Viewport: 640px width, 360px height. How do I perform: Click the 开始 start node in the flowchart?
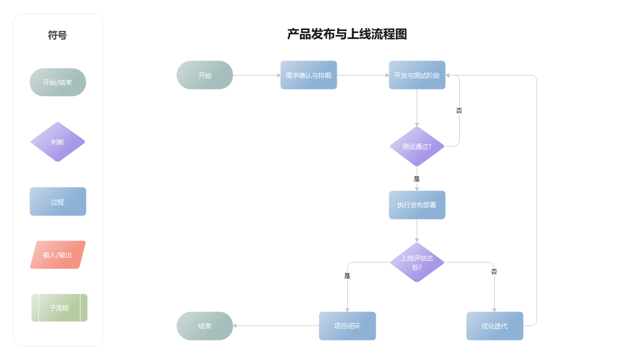(x=205, y=75)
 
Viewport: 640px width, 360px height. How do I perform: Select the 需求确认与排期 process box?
(x=308, y=75)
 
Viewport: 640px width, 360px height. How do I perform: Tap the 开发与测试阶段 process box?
(x=417, y=75)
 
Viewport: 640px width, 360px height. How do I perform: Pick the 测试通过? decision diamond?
(x=417, y=146)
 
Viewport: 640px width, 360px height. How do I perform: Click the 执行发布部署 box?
(x=417, y=205)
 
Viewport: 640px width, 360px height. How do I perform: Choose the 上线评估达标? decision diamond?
(x=417, y=262)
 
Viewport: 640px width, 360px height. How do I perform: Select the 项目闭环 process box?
(x=347, y=326)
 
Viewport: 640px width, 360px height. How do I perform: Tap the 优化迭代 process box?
(x=495, y=326)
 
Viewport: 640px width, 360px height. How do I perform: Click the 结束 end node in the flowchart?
(x=205, y=326)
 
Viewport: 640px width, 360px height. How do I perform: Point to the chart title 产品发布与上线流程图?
(x=347, y=34)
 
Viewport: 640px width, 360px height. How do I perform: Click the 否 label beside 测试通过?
(x=459, y=110)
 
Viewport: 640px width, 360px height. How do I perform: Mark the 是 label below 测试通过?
(x=417, y=178)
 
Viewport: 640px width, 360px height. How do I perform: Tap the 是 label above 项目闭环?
(x=347, y=275)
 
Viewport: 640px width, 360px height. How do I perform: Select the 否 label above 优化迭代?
(x=494, y=271)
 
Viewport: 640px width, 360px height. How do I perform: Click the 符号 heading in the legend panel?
(x=57, y=35)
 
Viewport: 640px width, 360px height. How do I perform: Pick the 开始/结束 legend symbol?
(x=57, y=82)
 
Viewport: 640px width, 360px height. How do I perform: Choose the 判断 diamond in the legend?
(x=57, y=142)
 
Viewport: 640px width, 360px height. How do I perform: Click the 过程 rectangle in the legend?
(x=57, y=202)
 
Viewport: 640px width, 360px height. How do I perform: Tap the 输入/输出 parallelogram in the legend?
(x=57, y=255)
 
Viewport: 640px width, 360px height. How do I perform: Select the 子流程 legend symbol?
(x=59, y=308)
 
